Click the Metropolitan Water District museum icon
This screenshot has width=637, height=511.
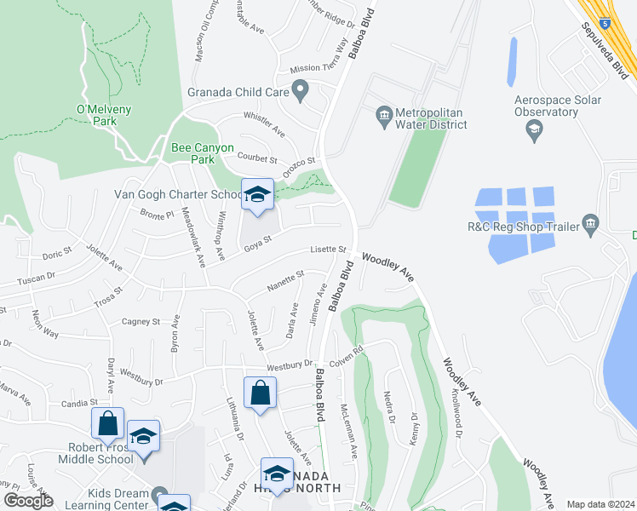coord(383,113)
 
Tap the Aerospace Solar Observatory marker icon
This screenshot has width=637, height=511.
coord(535,130)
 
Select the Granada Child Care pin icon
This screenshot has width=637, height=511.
coord(300,89)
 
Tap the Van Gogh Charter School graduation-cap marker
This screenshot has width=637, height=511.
coord(256,195)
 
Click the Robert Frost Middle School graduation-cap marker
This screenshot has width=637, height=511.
coord(144,437)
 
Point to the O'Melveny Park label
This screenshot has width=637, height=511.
coord(108,115)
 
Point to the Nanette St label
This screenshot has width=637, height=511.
coord(285,278)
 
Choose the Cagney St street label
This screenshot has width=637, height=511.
coord(141,322)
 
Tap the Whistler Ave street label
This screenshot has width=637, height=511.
coord(263,124)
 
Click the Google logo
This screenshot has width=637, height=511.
coord(27,501)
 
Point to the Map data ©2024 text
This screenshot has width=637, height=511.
coord(600,504)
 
